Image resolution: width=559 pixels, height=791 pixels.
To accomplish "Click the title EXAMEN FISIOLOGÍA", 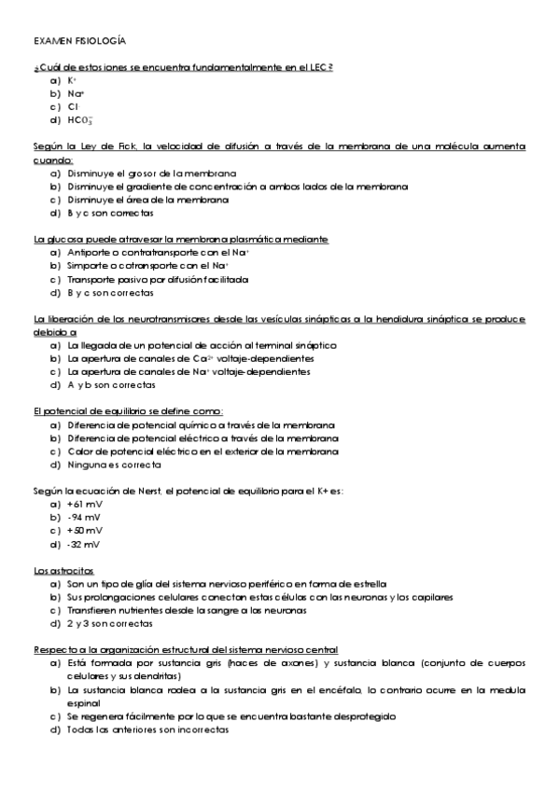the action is click(79, 42).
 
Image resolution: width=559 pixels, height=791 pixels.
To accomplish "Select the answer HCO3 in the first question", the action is click(79, 120).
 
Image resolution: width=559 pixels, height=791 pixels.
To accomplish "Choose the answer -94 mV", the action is click(84, 518).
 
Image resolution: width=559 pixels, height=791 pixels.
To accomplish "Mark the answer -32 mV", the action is click(84, 544).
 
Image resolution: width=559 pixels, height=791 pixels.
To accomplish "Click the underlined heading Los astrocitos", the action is click(63, 570).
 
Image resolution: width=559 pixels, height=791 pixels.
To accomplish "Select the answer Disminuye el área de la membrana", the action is click(147, 200).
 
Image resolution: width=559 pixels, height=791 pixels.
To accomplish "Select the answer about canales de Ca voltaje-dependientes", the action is click(190, 358).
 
